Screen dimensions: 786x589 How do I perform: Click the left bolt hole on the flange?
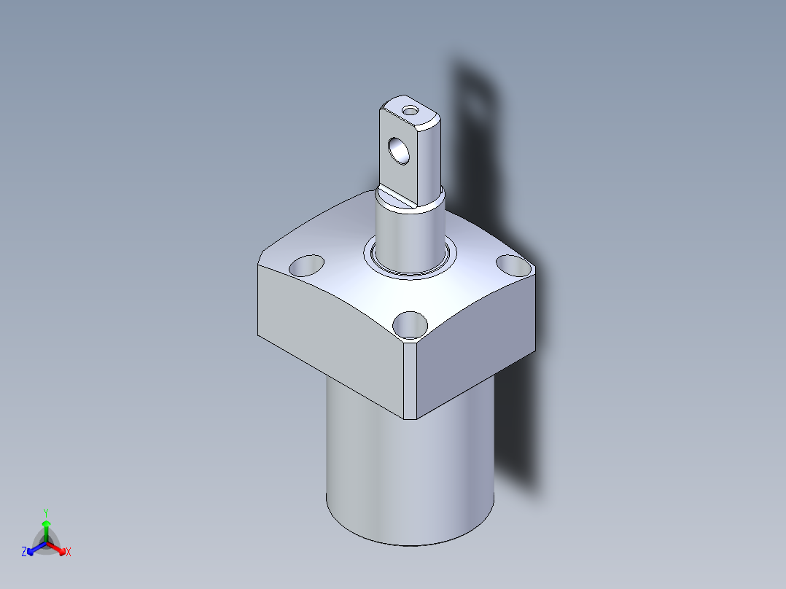click(x=306, y=265)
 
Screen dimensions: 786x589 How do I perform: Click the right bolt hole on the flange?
click(x=514, y=265)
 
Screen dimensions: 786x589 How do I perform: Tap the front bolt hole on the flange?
click(x=410, y=325)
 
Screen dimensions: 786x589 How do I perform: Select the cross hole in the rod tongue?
click(x=399, y=151)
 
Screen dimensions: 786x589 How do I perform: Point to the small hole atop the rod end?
click(x=410, y=110)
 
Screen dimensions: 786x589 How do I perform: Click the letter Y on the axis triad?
click(x=46, y=512)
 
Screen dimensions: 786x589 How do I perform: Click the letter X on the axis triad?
click(x=69, y=552)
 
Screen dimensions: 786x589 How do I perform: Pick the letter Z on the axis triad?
click(x=24, y=552)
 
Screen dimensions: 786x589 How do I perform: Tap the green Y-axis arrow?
click(x=46, y=531)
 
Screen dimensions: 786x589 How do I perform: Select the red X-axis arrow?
click(x=56, y=548)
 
